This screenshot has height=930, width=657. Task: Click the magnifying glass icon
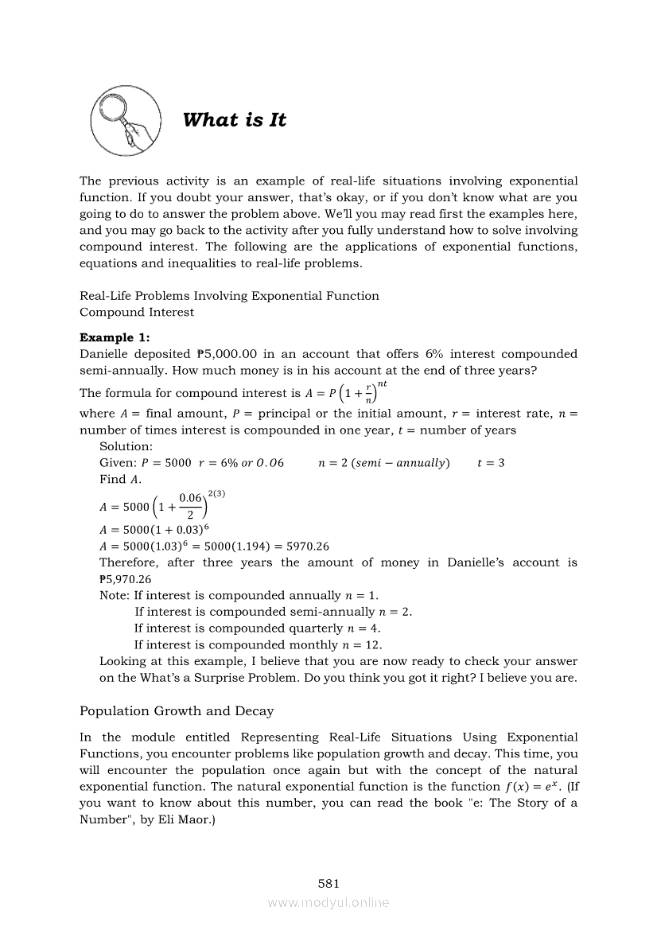(125, 120)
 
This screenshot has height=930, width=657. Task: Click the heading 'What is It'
(234, 120)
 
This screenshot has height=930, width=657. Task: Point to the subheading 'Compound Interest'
(137, 312)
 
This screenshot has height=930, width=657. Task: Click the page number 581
(328, 883)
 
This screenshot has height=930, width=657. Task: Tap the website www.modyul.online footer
(328, 902)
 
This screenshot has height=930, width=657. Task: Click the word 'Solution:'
(126, 446)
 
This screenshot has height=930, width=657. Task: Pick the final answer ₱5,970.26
(126, 579)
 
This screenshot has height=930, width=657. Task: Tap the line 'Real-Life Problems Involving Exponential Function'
(229, 296)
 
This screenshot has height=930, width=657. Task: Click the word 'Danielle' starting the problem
(106, 354)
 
